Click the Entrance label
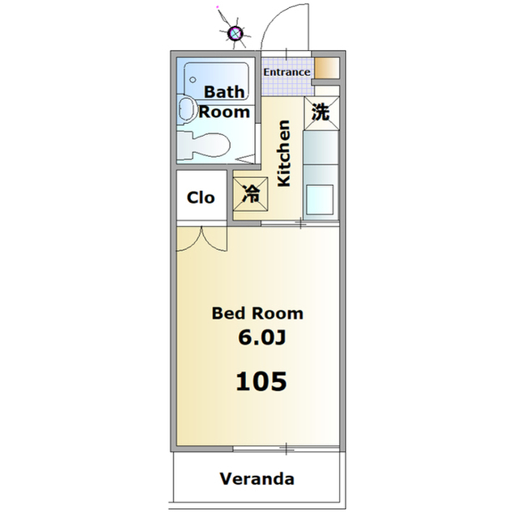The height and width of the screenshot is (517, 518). coord(287,72)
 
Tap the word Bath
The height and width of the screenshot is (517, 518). coord(224,91)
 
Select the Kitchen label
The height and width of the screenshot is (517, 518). coord(284,154)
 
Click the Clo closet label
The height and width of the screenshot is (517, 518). coord(201,197)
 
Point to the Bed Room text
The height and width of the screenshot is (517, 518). coord(257,313)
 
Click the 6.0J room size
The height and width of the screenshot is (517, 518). coord(261,337)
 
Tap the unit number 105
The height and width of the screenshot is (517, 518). coord(261,381)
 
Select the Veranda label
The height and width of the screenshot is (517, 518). coord(257,479)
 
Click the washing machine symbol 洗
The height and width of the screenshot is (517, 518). coord(321,113)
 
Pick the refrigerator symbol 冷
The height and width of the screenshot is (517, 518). coord(250,194)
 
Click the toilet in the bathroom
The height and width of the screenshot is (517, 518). coord(203,146)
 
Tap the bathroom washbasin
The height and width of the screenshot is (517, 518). coord(186,108)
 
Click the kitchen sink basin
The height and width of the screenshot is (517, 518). coord(320,199)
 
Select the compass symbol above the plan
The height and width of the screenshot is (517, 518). coord(236,33)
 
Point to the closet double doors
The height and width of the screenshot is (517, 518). coord(202,239)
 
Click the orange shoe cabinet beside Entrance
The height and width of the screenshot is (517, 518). coord(326,68)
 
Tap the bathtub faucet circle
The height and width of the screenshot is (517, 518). coord(193,79)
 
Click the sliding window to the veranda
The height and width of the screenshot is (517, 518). coord(286,448)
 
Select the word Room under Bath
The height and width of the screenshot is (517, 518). coord(224,112)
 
